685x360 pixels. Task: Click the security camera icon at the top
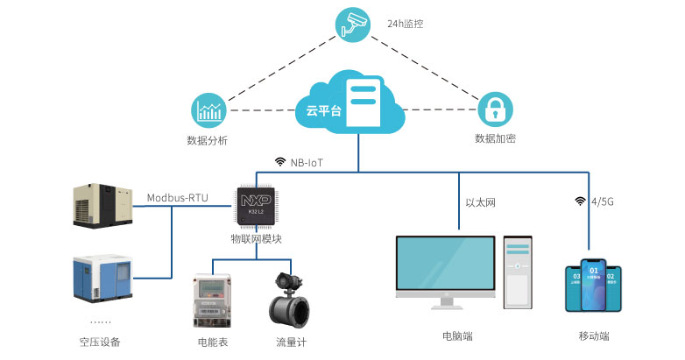point(355,25)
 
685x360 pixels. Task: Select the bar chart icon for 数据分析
point(209,110)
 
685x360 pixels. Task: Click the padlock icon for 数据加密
point(495,110)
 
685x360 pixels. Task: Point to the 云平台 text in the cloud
point(321,110)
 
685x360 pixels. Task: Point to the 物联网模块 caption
point(257,238)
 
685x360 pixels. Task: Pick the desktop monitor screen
point(444,268)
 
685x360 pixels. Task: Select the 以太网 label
point(481,202)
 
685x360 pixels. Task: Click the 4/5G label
point(603,201)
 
